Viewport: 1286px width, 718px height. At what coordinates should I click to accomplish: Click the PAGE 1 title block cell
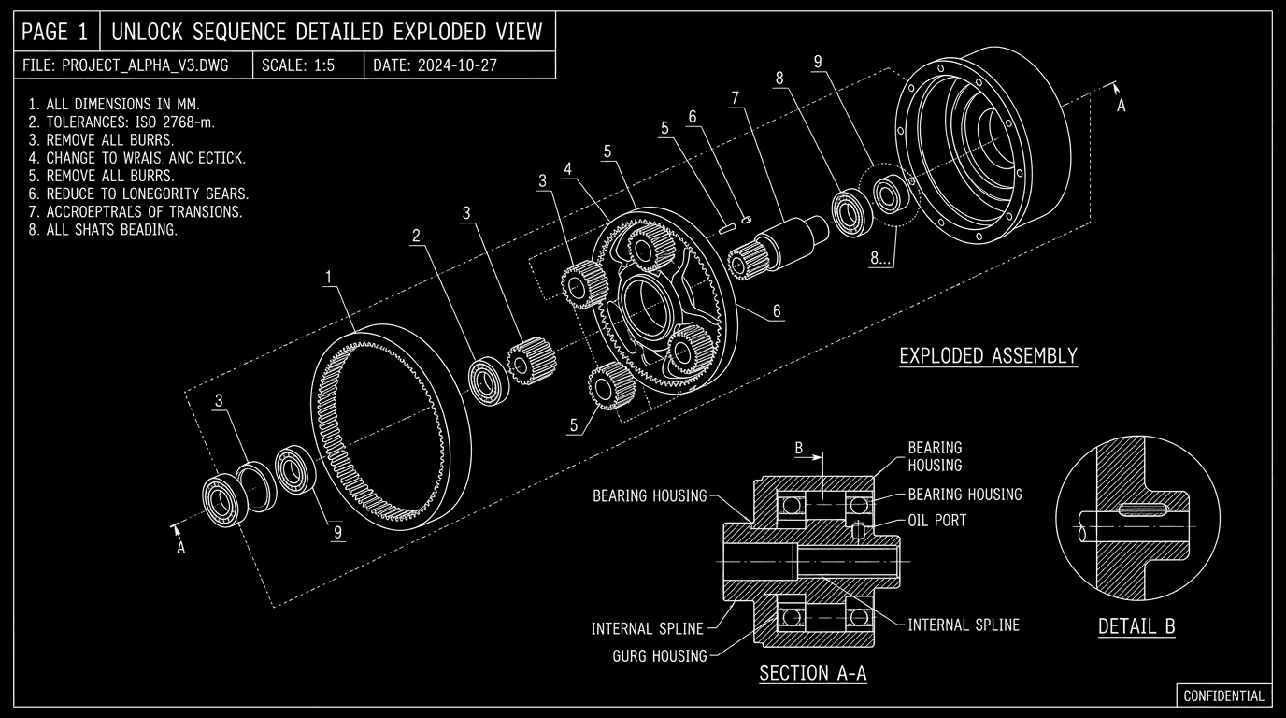[x=55, y=32]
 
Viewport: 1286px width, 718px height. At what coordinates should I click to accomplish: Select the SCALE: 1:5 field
[x=297, y=65]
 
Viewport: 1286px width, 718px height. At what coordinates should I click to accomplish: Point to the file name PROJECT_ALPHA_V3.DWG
[x=137, y=65]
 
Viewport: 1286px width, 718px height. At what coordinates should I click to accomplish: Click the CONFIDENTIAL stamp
[x=1223, y=696]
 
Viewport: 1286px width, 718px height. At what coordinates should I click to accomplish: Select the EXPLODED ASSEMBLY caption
[x=988, y=356]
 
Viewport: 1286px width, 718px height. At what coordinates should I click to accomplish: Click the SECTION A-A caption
[x=812, y=673]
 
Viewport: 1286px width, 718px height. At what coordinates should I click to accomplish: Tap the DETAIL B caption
[x=1136, y=626]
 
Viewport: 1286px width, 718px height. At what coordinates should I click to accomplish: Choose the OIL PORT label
[x=936, y=520]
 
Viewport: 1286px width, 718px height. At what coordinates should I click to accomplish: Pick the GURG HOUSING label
[x=660, y=656]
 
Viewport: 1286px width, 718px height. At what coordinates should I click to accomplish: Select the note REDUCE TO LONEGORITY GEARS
[x=138, y=194]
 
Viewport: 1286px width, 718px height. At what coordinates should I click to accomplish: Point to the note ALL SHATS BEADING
[x=103, y=229]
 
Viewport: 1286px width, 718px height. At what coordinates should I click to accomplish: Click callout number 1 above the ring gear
[x=328, y=277]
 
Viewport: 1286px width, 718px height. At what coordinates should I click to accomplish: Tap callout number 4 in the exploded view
[x=567, y=169]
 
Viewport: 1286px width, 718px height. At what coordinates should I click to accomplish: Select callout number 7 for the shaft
[x=736, y=97]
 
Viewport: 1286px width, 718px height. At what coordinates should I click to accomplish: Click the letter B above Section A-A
[x=799, y=448]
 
